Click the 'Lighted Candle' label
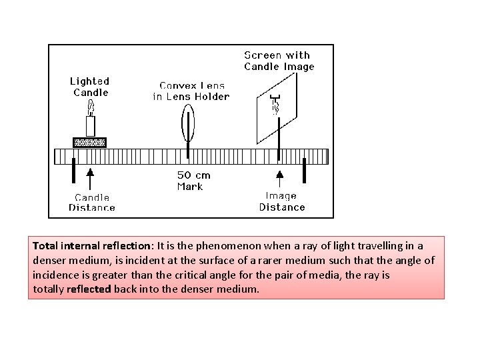90,87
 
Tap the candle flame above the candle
91,107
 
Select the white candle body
91,125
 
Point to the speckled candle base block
89,142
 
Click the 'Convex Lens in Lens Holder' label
191,91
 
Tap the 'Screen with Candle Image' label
279,61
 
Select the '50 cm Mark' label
193,180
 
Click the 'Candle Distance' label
92,202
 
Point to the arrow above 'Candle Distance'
90,179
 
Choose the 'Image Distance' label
281,201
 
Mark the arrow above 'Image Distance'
280,179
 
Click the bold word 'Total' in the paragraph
46,246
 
